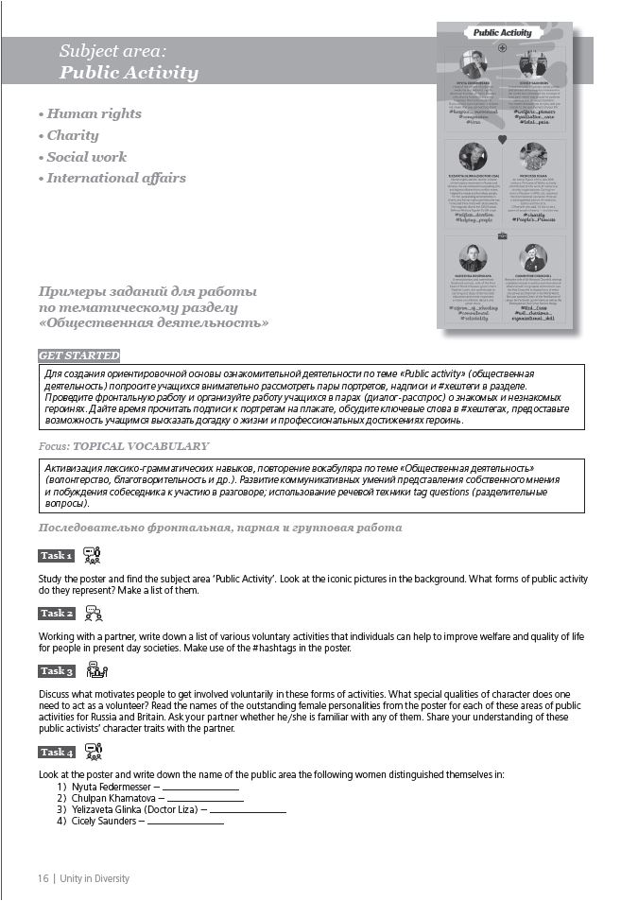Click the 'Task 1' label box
click(x=56, y=555)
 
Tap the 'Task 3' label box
click(x=56, y=671)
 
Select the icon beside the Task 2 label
click(x=94, y=613)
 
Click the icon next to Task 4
click(x=94, y=752)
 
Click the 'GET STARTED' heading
click(x=79, y=355)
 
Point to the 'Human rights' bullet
click(x=90, y=113)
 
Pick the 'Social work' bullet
click(x=82, y=157)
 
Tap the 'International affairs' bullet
click(x=112, y=178)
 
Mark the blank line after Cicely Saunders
click(x=185, y=822)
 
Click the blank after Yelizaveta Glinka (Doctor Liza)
click(x=248, y=810)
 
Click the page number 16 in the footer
click(x=43, y=878)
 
